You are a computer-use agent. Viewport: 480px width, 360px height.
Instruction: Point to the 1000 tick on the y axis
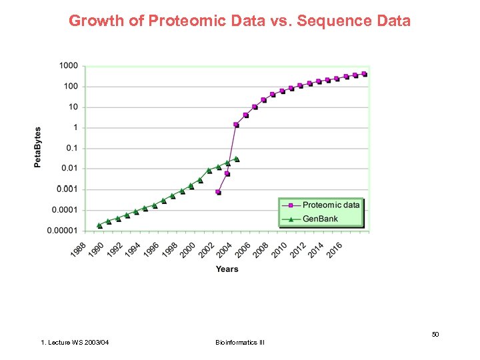click(69, 66)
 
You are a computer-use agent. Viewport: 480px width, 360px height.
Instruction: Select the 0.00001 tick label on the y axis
click(62, 231)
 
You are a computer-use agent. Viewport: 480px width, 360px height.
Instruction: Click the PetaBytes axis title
click(37, 147)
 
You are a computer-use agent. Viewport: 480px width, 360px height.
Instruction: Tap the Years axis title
click(227, 269)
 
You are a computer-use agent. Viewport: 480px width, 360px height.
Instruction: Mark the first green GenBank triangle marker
click(99, 225)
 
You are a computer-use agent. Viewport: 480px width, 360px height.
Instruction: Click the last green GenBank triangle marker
click(237, 159)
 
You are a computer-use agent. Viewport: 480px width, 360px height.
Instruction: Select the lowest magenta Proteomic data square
click(218, 192)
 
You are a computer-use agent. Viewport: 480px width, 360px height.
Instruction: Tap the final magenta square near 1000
click(364, 74)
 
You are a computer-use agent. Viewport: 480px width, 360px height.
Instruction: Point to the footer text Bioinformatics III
click(240, 343)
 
